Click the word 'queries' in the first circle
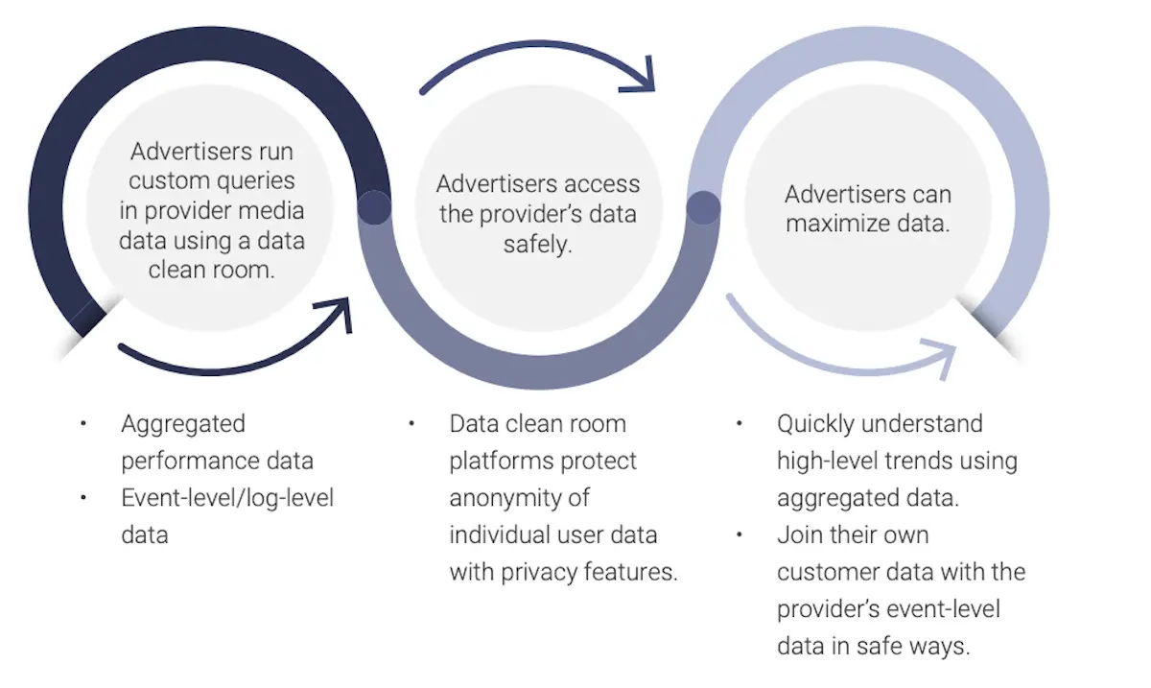[252, 181]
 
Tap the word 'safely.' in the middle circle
[537, 245]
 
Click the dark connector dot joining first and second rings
[374, 207]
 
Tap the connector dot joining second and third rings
[703, 207]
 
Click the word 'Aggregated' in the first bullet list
[183, 424]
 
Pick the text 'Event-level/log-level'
[227, 498]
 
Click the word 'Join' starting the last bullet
[798, 534]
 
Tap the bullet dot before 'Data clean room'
[411, 423]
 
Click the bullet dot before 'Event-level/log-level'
[83, 497]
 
